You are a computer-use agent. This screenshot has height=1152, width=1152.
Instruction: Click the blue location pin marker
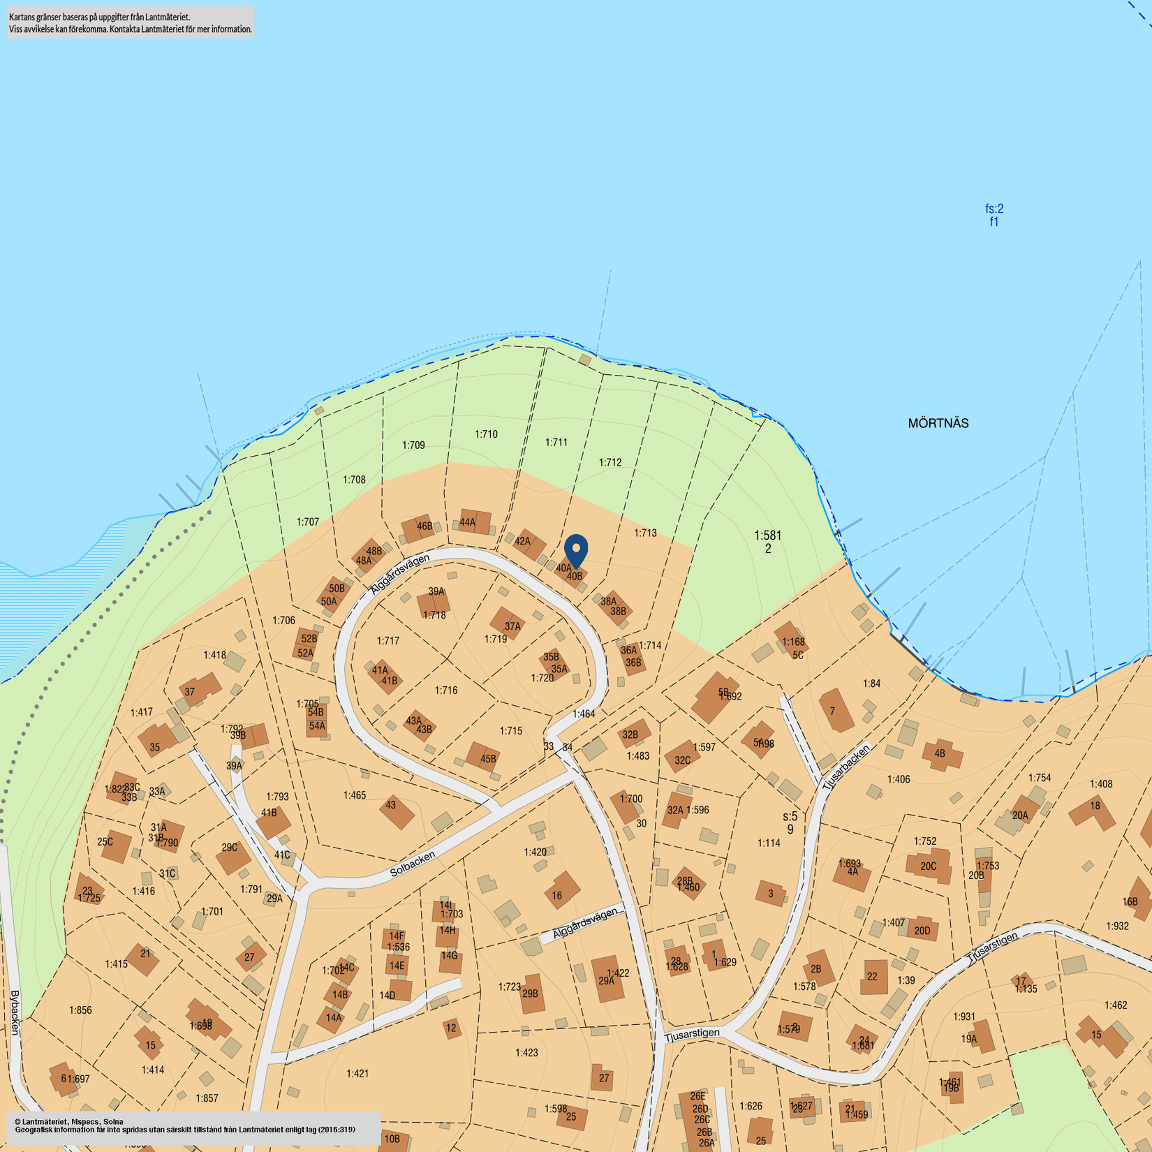[576, 550]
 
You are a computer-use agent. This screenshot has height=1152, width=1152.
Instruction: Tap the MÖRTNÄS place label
[938, 423]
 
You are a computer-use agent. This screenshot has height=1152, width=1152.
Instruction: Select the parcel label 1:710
[486, 434]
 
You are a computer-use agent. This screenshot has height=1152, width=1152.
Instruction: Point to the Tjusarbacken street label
[847, 767]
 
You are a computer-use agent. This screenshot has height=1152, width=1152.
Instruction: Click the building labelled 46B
[420, 528]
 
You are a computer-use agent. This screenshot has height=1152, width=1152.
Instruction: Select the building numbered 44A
[475, 522]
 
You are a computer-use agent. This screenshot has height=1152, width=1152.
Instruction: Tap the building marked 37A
[508, 623]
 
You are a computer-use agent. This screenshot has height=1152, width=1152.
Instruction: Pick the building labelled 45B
[483, 757]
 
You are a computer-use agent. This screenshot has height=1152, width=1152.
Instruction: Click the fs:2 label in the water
[994, 209]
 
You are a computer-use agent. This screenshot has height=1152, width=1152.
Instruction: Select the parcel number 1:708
[354, 480]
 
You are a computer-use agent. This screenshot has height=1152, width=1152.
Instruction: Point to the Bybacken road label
[15, 1012]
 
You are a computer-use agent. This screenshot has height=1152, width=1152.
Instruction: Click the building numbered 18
[1093, 811]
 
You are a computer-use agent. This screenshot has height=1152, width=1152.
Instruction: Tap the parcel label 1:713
[645, 533]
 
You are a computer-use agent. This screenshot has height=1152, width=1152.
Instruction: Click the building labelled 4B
[942, 755]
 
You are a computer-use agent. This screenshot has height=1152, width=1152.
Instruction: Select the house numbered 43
[396, 810]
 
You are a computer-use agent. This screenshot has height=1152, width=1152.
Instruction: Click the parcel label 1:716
[446, 691]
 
